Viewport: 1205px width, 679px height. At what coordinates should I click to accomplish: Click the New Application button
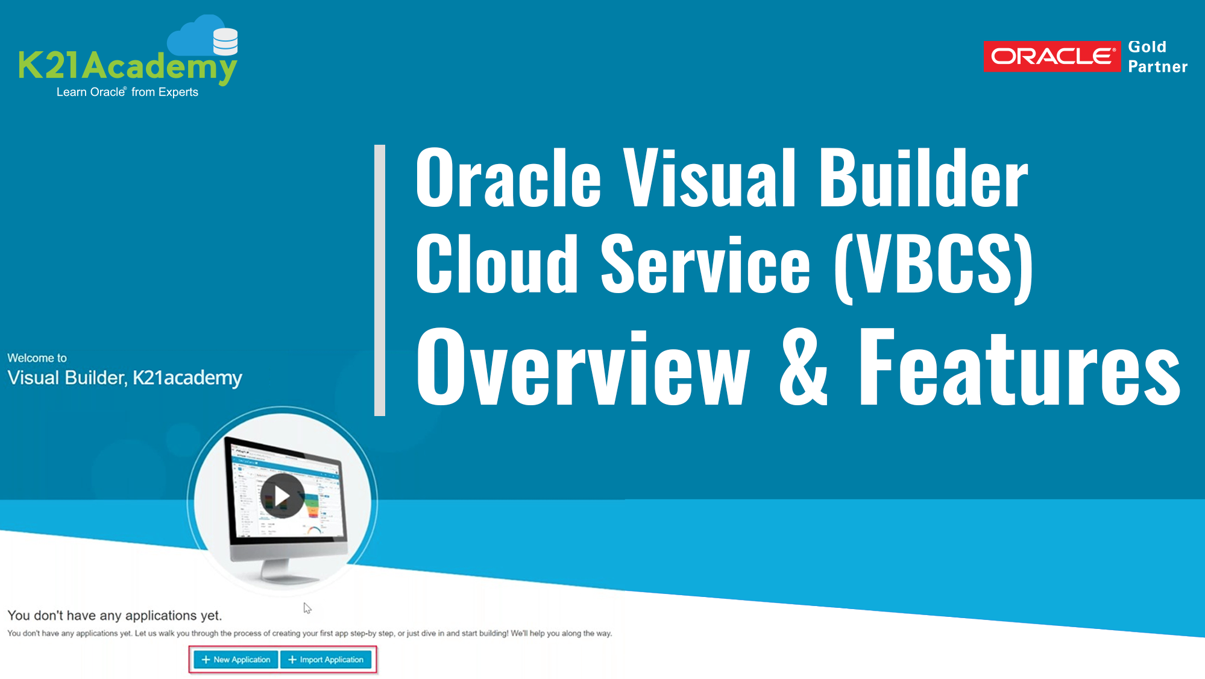(x=236, y=660)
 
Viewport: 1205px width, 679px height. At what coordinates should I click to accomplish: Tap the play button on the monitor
(x=282, y=496)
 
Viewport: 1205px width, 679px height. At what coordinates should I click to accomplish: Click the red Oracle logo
(x=1052, y=57)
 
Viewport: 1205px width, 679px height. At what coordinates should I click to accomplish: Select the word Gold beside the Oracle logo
(x=1147, y=47)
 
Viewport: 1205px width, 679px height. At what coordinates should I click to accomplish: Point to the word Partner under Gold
(x=1157, y=66)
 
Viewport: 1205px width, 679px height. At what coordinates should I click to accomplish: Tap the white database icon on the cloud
(x=225, y=42)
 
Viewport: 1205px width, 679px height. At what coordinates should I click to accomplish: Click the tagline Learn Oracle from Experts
(x=127, y=92)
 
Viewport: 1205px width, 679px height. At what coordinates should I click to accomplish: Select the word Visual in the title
(x=709, y=178)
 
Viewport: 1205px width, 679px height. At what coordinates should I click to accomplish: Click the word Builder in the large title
(x=923, y=178)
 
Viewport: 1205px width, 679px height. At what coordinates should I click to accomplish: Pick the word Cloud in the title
(x=497, y=264)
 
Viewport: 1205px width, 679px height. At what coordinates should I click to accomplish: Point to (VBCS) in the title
(x=934, y=266)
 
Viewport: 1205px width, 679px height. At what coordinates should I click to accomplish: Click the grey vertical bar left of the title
(x=380, y=280)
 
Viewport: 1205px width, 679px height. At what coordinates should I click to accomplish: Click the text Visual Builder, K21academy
(x=125, y=378)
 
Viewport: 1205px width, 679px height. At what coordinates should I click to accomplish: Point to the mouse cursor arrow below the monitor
(x=307, y=608)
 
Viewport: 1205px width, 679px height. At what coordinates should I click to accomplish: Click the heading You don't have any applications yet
(x=115, y=616)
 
